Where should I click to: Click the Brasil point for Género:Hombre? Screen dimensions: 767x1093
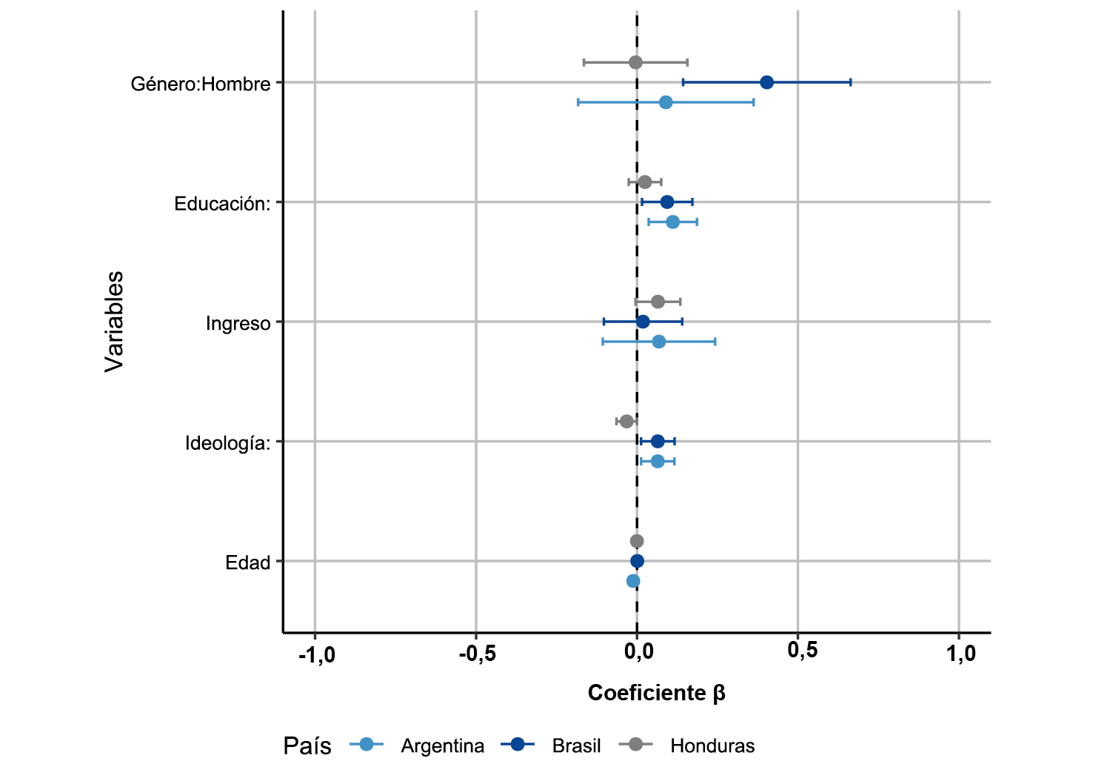[766, 82]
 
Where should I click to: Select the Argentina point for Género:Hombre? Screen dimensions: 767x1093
[666, 102]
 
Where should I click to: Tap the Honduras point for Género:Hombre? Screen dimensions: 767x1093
[635, 62]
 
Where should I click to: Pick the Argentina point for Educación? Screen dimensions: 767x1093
[672, 222]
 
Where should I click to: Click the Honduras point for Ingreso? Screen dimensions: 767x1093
[658, 302]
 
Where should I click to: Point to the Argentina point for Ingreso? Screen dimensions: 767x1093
[659, 342]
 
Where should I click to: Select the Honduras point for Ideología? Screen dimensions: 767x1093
[626, 422]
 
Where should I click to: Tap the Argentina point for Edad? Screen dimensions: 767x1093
[633, 581]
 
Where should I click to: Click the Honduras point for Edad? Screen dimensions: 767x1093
[637, 541]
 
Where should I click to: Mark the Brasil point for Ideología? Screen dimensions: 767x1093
[658, 442]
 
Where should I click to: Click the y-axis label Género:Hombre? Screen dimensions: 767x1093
[201, 84]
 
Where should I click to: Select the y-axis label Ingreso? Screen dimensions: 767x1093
[238, 324]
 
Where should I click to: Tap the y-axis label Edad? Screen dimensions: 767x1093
[248, 563]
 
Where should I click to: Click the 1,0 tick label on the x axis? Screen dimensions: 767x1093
[960, 654]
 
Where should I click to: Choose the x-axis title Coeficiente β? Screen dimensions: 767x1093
[656, 693]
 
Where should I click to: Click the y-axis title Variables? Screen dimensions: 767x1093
[114, 321]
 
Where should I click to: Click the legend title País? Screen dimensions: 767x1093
[307, 746]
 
